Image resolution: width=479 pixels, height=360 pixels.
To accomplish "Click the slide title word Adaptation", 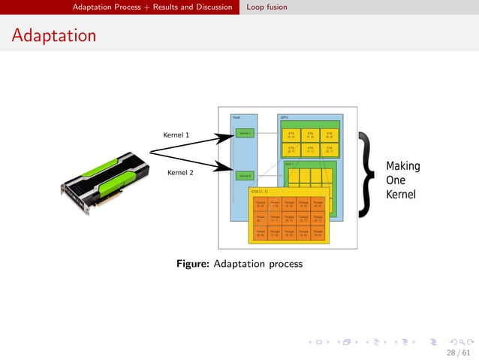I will (53, 35).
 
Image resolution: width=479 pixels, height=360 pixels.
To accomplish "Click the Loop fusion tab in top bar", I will (267, 8).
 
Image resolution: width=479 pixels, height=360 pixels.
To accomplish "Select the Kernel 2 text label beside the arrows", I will (179, 173).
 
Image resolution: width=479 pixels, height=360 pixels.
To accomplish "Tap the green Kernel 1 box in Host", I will (244, 133).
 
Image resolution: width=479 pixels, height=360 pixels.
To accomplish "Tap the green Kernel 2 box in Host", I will (244, 175).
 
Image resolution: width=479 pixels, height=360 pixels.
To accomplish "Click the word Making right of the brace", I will (402, 166).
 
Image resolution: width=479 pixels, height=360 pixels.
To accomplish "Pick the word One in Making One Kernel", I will (395, 180).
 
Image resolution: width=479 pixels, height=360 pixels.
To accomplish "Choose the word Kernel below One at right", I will (401, 195).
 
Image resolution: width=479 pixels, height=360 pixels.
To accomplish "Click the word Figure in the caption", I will (193, 264).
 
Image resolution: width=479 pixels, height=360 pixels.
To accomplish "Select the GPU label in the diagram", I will (285, 117).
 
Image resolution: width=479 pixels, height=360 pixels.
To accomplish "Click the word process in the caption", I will (285, 265).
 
